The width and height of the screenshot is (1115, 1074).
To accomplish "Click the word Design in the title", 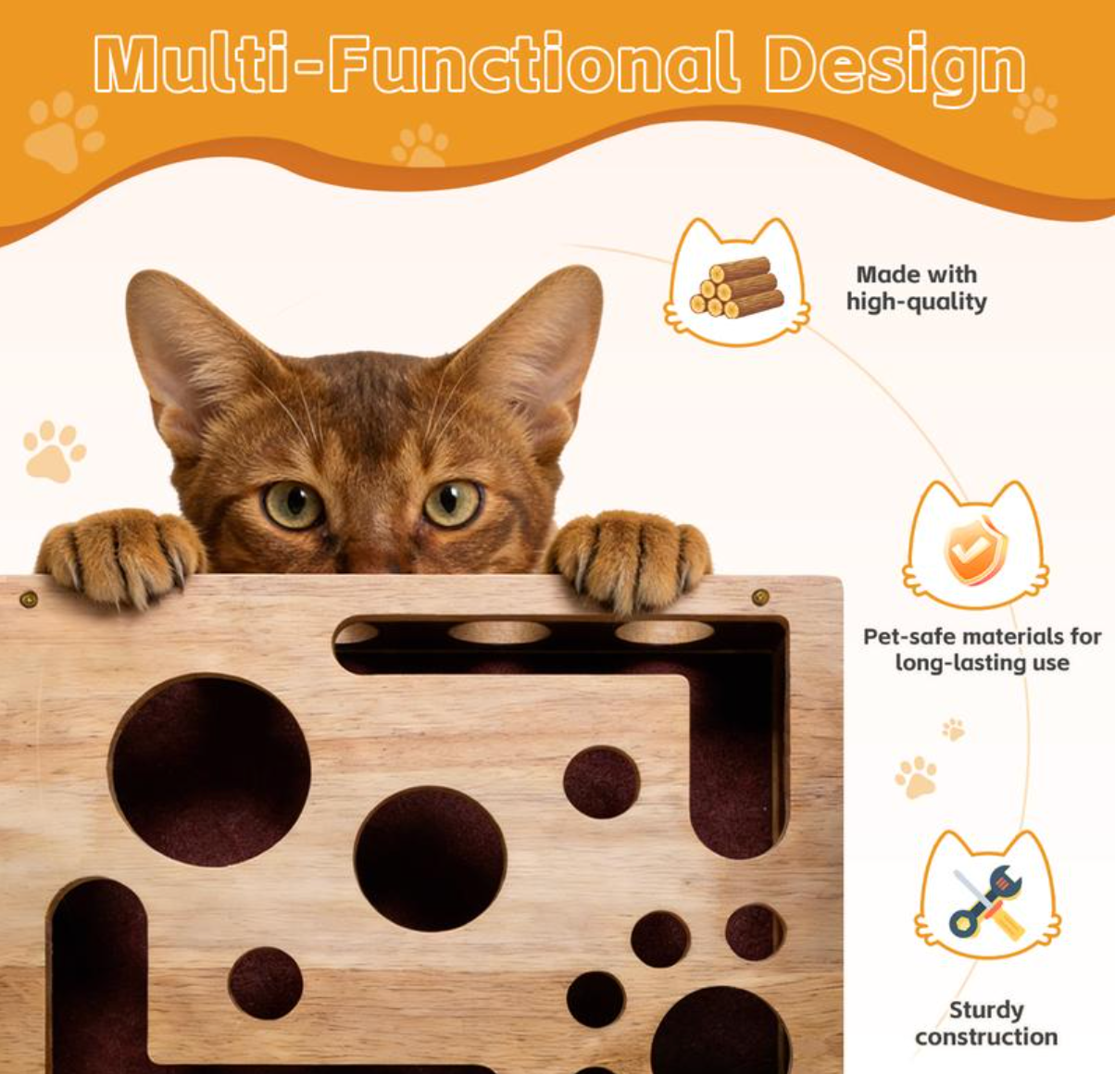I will tap(895, 67).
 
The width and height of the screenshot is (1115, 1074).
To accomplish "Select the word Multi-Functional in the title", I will tap(417, 65).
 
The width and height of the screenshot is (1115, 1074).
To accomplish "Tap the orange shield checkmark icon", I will tap(975, 550).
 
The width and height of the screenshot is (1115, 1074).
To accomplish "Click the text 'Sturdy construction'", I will tap(986, 1023).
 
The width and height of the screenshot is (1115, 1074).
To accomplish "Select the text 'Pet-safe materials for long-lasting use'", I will tap(982, 649).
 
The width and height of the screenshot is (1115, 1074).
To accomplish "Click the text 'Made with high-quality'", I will tap(916, 287).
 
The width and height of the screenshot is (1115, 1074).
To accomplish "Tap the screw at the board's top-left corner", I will tap(29, 599).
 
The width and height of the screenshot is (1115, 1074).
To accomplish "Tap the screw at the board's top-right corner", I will tap(760, 597).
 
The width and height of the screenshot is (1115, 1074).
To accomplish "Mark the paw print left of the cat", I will tap(54, 451).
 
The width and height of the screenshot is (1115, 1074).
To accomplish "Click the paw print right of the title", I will tap(1036, 109).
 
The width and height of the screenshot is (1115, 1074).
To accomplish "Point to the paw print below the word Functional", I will tap(420, 145).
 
